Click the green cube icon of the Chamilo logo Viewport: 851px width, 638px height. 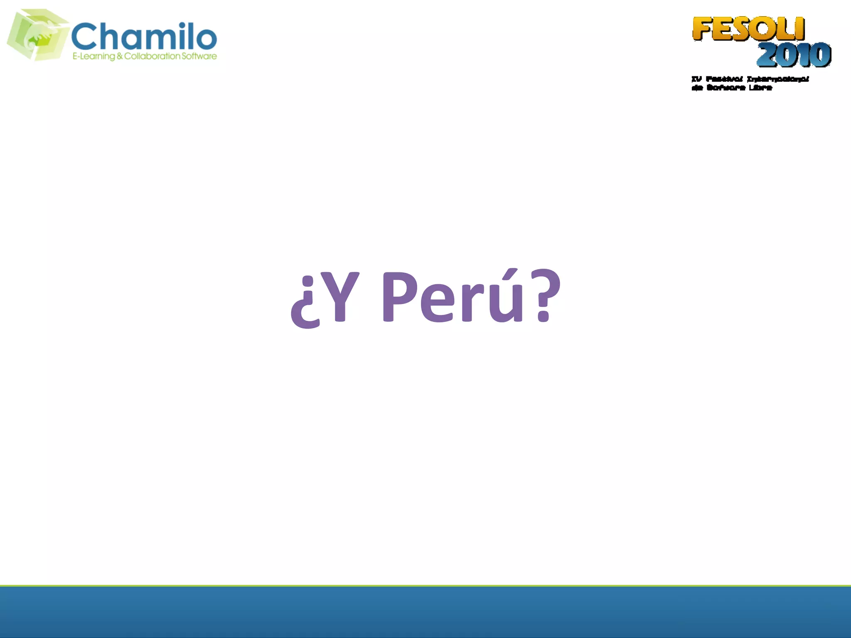coord(37,35)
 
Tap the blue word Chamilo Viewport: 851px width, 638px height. coord(144,36)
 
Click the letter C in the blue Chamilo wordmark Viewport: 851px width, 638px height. coord(84,37)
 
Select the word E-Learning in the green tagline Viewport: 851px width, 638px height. coord(93,56)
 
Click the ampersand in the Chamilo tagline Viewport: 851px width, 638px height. coord(120,56)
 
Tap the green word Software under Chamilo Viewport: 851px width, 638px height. coord(199,56)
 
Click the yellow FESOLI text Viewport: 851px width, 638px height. coord(748,29)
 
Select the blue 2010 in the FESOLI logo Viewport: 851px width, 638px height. coord(794,55)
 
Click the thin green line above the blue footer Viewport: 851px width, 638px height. coord(425,586)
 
